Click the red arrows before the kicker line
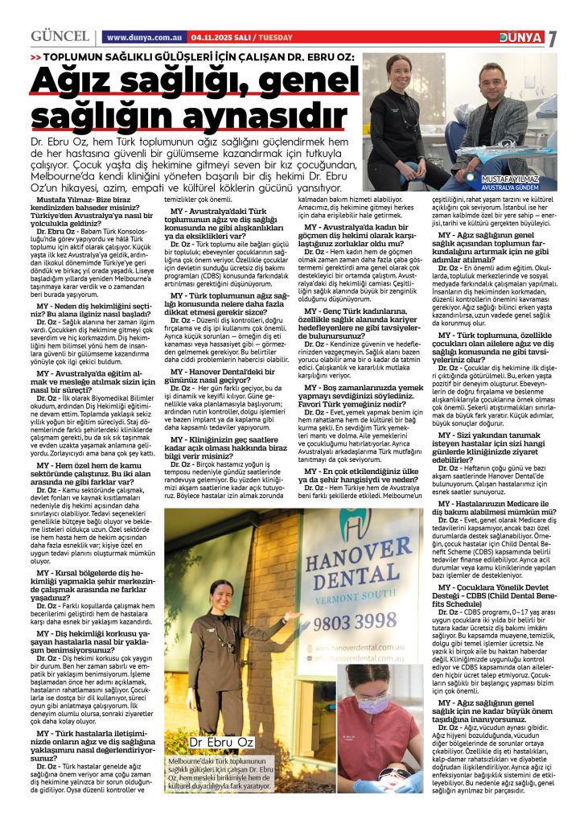[35, 59]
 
